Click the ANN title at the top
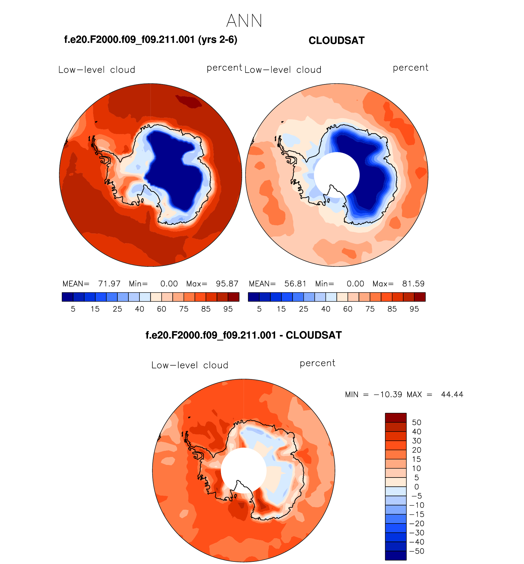[x=244, y=21]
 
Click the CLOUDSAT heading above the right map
[x=336, y=40]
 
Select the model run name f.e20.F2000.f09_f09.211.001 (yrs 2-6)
[x=150, y=40]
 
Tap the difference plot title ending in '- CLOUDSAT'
[x=243, y=335]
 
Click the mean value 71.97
[x=109, y=284]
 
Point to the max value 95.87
[x=227, y=284]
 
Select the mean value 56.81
[x=295, y=284]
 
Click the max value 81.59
[x=413, y=284]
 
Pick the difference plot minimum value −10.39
[x=388, y=394]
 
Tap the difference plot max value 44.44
[x=452, y=394]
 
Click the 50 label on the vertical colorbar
[x=416, y=423]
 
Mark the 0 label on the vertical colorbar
[x=416, y=487]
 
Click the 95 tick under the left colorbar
[x=228, y=309]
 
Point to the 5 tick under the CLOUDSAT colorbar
[x=259, y=309]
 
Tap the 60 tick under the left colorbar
[x=161, y=309]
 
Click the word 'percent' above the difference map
[x=317, y=363]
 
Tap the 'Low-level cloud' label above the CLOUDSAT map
[x=283, y=70]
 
